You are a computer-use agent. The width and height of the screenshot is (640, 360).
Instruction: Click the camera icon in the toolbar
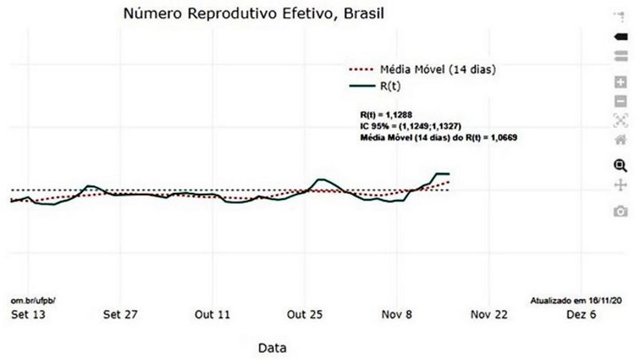click(621, 211)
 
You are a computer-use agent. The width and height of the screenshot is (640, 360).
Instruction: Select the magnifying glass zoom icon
click(621, 165)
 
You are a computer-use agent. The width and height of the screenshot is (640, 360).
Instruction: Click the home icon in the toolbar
click(621, 141)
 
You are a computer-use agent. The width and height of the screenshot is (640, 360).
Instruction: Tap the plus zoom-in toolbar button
click(621, 82)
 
